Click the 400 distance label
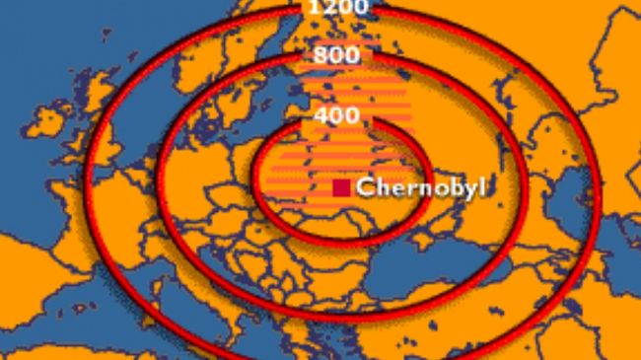336,115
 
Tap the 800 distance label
336,56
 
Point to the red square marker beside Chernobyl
341,187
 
